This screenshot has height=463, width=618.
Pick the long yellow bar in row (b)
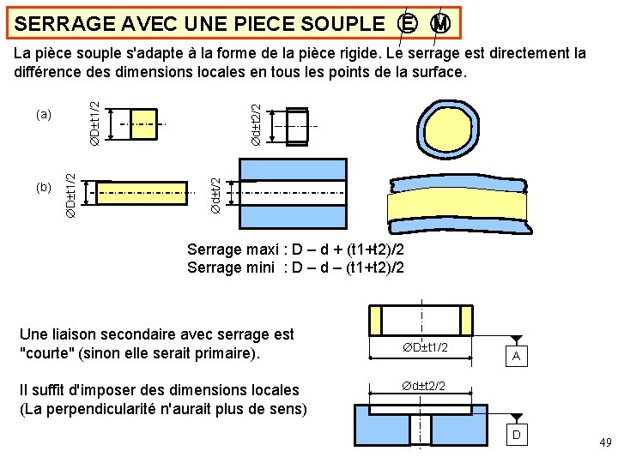tap(142, 193)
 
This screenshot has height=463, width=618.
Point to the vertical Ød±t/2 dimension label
tap(217, 195)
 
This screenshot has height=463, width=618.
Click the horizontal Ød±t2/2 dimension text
tap(422, 386)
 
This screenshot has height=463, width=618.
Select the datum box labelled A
tap(515, 356)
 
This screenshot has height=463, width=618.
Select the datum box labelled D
tap(516, 436)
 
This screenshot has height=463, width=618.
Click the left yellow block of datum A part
tap(379, 320)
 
